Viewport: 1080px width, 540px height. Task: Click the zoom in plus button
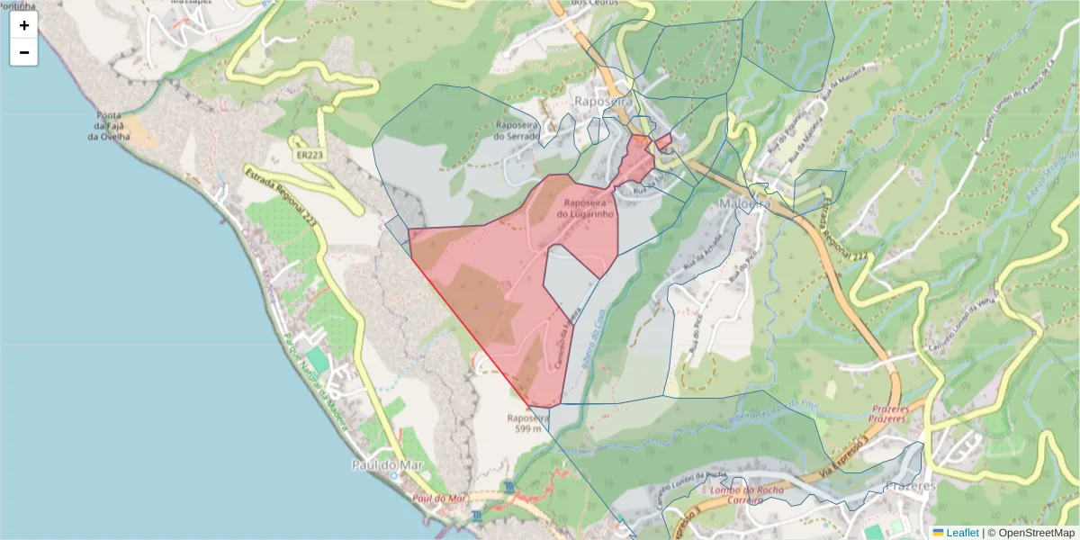[24, 25]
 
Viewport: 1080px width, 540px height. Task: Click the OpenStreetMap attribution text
[1036, 533]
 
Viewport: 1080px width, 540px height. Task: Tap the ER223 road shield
[308, 156]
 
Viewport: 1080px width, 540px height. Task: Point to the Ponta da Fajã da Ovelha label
[109, 126]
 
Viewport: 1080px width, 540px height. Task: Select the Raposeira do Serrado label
[516, 131]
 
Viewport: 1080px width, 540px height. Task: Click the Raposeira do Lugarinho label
[585, 209]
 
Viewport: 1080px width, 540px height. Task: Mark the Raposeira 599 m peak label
[527, 423]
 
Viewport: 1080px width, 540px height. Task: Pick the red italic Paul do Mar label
[438, 498]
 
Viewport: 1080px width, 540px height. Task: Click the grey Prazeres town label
[910, 485]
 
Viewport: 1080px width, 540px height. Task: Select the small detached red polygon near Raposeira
[663, 141]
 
